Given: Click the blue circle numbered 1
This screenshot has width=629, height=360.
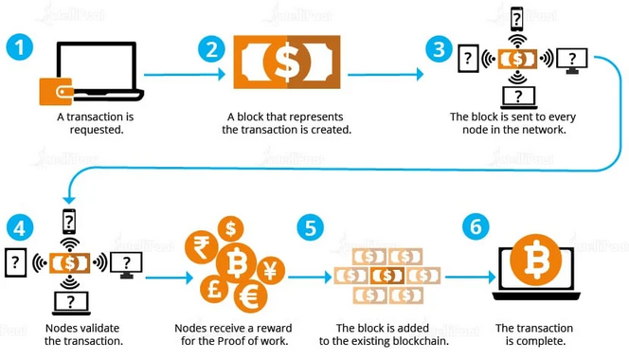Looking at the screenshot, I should coord(19,49).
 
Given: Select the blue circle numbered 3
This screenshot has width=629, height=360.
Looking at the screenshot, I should coord(438,49).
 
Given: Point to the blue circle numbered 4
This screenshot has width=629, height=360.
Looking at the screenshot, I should coord(19,228).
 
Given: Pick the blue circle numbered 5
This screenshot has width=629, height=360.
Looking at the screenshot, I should coord(310,228).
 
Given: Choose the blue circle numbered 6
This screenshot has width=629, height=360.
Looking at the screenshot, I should coord(476,228).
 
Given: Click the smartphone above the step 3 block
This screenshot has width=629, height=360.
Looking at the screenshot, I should coord(517,19).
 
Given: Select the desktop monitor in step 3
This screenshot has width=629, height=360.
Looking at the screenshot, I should coord(571,62).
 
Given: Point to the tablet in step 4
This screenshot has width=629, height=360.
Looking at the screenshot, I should coord(16,262).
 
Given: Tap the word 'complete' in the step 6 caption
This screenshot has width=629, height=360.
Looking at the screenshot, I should coord(542,341).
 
